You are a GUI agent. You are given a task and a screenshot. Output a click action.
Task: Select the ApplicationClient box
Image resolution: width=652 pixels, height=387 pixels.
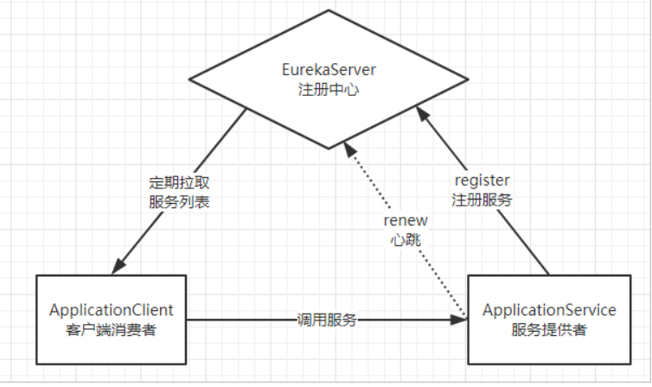click(x=111, y=319)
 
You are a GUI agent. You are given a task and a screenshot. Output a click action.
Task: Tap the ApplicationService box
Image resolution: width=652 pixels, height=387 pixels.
click(x=549, y=319)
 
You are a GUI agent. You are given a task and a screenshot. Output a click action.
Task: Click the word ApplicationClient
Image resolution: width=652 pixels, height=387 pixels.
click(x=112, y=309)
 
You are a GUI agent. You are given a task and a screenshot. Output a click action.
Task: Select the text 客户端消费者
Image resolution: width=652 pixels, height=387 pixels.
click(x=112, y=328)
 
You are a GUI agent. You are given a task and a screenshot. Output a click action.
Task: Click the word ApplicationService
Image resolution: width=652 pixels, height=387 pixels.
click(x=549, y=309)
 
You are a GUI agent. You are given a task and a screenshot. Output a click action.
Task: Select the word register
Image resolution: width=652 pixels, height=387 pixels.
click(x=482, y=181)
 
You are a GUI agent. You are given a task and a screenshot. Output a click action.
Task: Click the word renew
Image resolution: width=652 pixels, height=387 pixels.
click(x=403, y=221)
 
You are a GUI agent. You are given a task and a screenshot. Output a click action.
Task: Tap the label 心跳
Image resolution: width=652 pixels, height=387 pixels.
click(x=403, y=239)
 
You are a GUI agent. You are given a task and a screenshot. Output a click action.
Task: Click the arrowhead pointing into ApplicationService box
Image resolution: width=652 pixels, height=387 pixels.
click(x=460, y=320)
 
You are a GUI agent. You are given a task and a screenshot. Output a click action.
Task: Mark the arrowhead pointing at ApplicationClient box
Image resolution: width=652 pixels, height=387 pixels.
click(x=119, y=266)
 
